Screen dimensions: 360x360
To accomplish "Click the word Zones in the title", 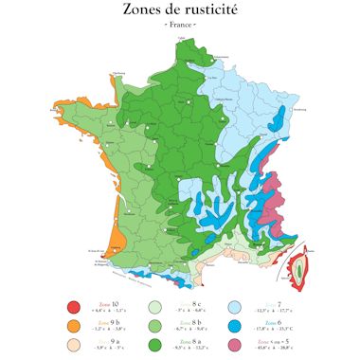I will tap(145, 10).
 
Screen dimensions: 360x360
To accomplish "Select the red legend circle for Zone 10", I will tap(73, 306).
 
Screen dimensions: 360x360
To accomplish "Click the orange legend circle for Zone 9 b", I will tap(73, 326).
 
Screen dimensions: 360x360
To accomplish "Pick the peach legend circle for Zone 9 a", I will tap(73, 346).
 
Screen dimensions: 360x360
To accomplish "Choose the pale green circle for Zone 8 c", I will tap(155, 306).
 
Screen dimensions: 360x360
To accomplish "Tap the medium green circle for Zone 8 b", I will tap(155, 326).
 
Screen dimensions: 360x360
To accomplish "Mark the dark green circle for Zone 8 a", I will tap(155, 346).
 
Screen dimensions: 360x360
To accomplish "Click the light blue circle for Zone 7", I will tap(236, 306).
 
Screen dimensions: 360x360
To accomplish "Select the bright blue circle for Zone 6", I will tap(236, 326).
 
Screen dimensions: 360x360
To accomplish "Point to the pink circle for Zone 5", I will tap(236, 346).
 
